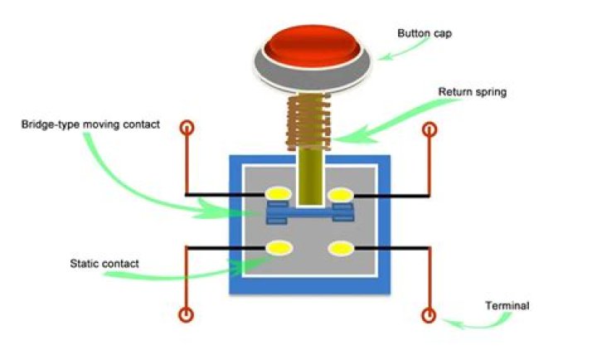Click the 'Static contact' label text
pyautogui.click(x=104, y=264)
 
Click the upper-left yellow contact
pyautogui.click(x=277, y=194)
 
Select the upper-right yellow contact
pyautogui.click(x=341, y=194)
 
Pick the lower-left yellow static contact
pyautogui.click(x=277, y=247)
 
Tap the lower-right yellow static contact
pyautogui.click(x=341, y=247)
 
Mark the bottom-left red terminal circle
pyautogui.click(x=187, y=315)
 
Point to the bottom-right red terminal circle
pyautogui.click(x=429, y=315)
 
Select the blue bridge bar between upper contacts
pyautogui.click(x=308, y=213)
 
